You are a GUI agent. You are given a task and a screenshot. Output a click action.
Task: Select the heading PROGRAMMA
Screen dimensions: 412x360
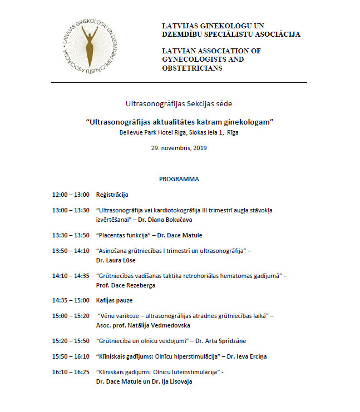tap(179, 180)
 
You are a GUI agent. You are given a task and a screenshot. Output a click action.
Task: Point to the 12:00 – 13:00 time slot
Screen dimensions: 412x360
tap(71, 195)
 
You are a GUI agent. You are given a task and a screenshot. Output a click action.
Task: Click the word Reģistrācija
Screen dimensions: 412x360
tap(112, 195)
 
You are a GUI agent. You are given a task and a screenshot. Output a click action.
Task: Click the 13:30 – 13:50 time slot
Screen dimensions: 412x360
tap(71, 235)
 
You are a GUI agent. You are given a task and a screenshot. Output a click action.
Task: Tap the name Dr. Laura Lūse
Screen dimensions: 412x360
tap(116, 260)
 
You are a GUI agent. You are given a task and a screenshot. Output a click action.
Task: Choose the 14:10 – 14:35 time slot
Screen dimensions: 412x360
tap(71, 276)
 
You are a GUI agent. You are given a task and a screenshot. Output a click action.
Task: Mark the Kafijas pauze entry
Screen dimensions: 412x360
tap(115, 301)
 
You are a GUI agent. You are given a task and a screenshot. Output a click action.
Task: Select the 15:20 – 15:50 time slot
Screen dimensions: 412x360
tap(71, 341)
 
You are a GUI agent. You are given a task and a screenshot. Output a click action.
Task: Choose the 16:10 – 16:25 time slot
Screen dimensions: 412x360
tap(71, 372)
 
